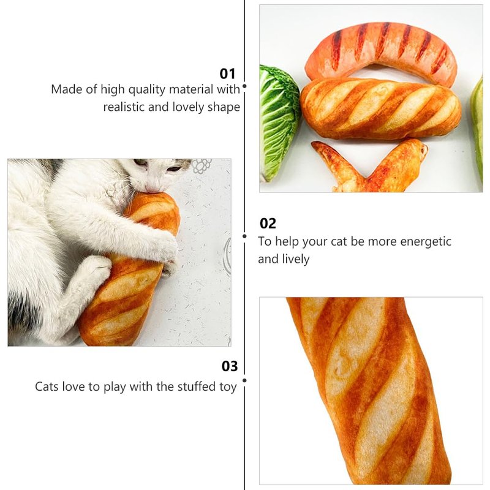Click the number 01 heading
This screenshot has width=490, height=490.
click(227, 74)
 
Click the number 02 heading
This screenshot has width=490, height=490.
click(268, 224)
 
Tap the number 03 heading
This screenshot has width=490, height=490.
click(230, 366)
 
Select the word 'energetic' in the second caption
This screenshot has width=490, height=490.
click(426, 242)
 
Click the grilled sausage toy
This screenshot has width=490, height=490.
click(381, 50)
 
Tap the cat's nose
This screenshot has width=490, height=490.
click(151, 189)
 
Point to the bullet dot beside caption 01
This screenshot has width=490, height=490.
click(244, 86)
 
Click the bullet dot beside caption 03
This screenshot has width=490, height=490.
click(244, 380)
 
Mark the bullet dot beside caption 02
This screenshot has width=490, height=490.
click(244, 236)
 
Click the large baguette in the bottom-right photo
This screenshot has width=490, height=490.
click(369, 391)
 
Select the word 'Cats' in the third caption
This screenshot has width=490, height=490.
click(47, 386)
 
